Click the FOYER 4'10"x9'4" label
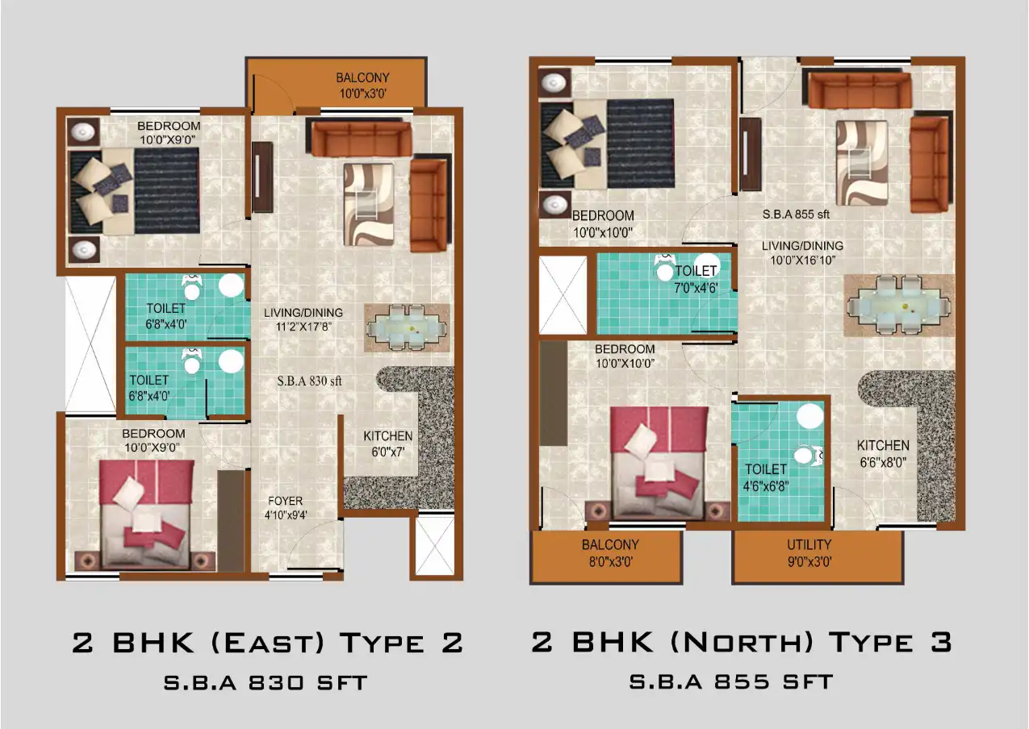(x=286, y=507)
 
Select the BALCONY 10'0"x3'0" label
(x=362, y=85)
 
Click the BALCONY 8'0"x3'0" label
(x=610, y=552)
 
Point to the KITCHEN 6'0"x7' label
(x=387, y=444)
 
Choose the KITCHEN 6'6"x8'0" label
(x=883, y=453)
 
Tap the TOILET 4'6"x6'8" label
(x=766, y=477)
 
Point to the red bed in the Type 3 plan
(x=658, y=462)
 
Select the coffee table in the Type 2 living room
(x=369, y=204)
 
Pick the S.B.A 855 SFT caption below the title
(x=730, y=681)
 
